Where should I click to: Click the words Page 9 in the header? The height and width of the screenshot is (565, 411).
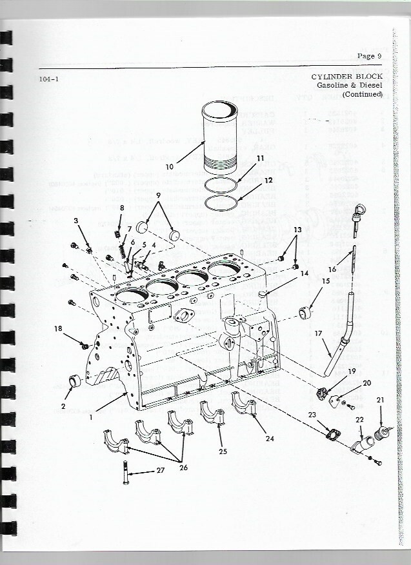point(370,55)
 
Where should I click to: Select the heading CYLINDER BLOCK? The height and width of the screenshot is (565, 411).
point(346,77)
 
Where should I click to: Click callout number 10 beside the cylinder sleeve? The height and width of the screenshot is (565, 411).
point(170,166)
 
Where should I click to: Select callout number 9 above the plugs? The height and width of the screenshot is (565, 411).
point(157,195)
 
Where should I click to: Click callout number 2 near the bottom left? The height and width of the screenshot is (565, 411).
point(63,406)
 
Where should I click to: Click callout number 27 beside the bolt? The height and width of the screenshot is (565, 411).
point(160,471)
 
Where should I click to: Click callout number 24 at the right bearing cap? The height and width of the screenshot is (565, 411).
point(270,438)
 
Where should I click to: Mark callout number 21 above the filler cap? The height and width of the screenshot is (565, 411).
point(380,401)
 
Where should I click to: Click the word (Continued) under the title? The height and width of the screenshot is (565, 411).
point(363,94)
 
